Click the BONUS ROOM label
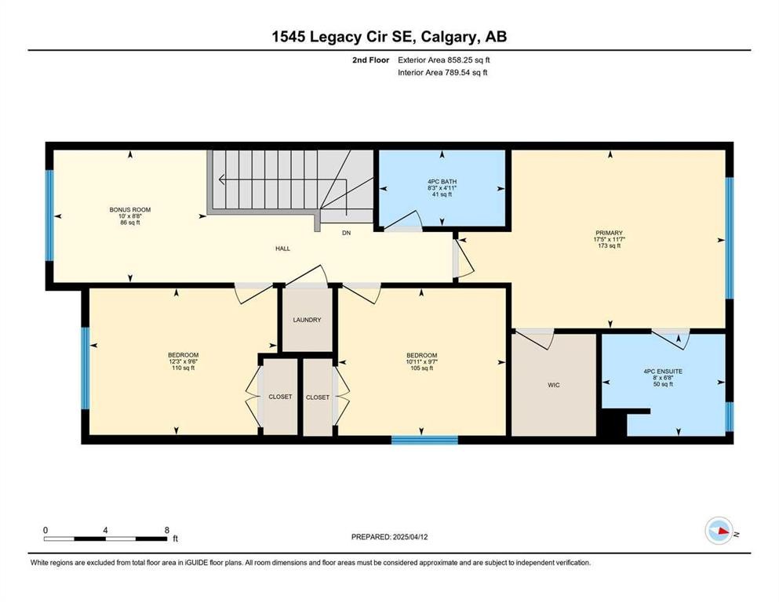[x=129, y=209]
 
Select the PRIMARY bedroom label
[x=609, y=233]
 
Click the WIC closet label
[x=555, y=385]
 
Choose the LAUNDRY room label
[x=308, y=320]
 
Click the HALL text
[x=282, y=248]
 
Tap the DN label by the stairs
[x=346, y=233]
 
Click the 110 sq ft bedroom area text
[x=183, y=368]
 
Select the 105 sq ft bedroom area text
[x=422, y=368]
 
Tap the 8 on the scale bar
[x=166, y=529]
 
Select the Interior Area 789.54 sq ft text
[x=443, y=73]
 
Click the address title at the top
[x=389, y=37]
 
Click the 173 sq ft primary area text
[x=609, y=246]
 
